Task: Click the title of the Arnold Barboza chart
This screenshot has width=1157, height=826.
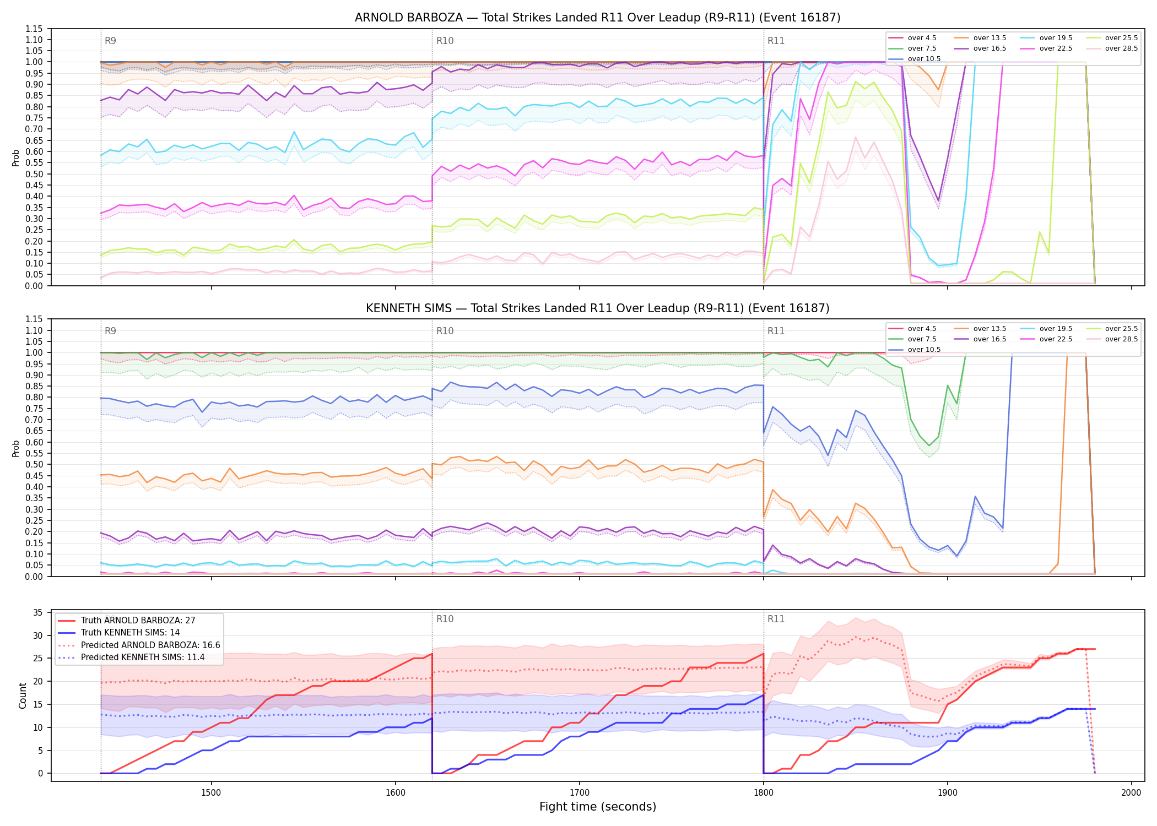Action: pos(597,18)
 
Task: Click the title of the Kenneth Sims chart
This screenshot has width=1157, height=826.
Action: pos(597,308)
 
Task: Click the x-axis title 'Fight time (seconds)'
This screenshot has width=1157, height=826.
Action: pos(598,807)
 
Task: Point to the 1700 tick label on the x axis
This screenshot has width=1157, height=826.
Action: pos(579,793)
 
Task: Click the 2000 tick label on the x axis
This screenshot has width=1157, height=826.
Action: pos(1131,793)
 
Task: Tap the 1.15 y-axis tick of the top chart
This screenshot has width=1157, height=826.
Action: pos(35,29)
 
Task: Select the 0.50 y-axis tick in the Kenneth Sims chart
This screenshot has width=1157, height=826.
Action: pos(35,465)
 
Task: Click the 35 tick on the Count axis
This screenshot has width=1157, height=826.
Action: pos(38,613)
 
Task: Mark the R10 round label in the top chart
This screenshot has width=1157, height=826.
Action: pos(445,41)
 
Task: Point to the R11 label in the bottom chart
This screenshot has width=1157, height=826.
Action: pos(776,619)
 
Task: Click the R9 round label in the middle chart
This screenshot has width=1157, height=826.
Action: pos(110,331)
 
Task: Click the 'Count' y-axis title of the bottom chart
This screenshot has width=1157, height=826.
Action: pos(23,695)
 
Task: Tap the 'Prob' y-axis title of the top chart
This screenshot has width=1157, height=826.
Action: pos(16,157)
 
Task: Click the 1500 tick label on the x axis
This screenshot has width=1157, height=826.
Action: pos(211,793)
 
